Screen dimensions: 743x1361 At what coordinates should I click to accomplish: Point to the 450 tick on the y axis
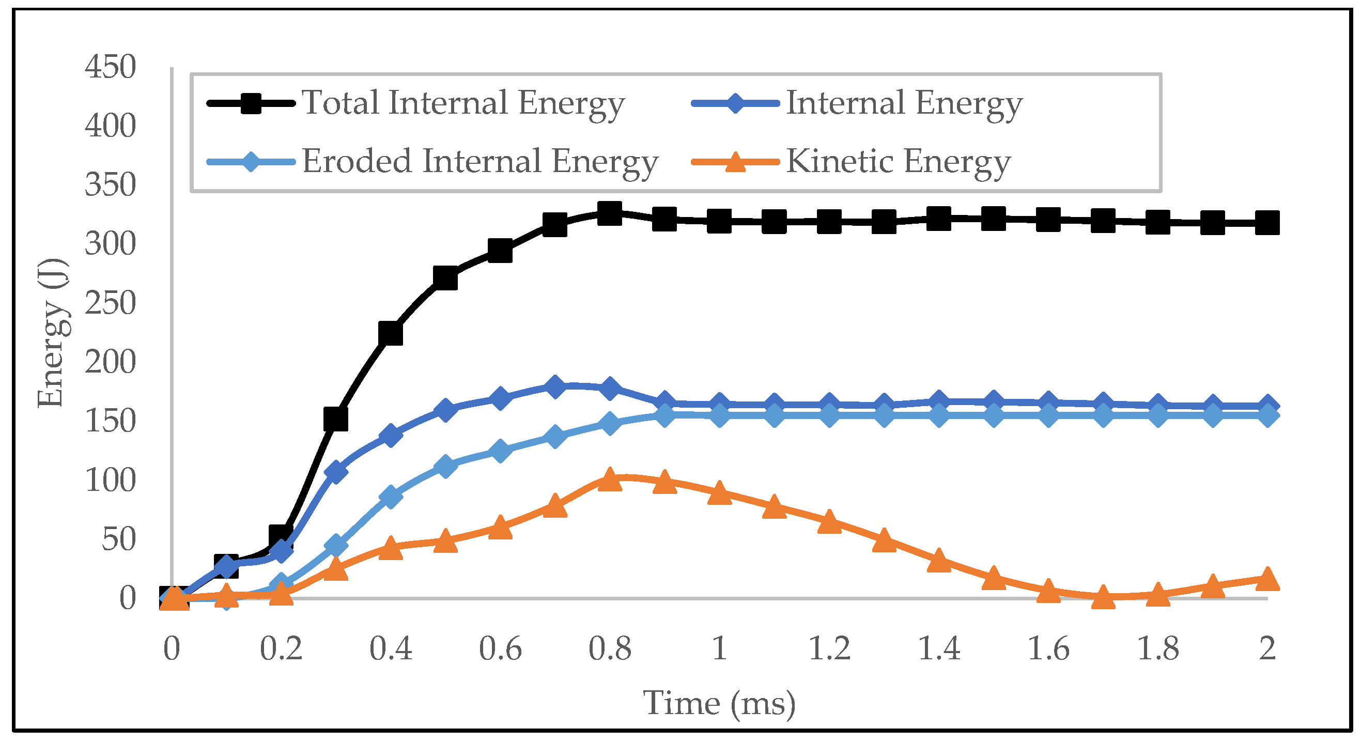pyautogui.click(x=110, y=67)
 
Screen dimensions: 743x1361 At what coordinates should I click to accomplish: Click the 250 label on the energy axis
pyautogui.click(x=110, y=303)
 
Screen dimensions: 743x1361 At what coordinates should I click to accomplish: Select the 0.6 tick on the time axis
pyautogui.click(x=500, y=648)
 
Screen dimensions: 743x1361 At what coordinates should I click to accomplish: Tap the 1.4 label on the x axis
pyautogui.click(x=938, y=648)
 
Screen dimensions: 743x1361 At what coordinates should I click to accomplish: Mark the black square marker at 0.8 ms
pyautogui.click(x=609, y=213)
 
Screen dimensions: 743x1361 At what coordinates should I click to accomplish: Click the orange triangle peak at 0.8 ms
pyautogui.click(x=609, y=479)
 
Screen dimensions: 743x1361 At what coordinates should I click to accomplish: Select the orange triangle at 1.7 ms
pyautogui.click(x=1103, y=597)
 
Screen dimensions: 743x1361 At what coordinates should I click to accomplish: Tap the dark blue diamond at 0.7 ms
pyautogui.click(x=554, y=387)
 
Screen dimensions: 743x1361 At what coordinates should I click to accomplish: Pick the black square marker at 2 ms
pyautogui.click(x=1267, y=223)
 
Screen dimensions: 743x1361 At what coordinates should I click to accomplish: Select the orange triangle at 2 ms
pyautogui.click(x=1267, y=579)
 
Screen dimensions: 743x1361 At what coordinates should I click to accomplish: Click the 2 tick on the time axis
pyautogui.click(x=1267, y=648)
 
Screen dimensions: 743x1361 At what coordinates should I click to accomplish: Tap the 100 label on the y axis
pyautogui.click(x=110, y=481)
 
